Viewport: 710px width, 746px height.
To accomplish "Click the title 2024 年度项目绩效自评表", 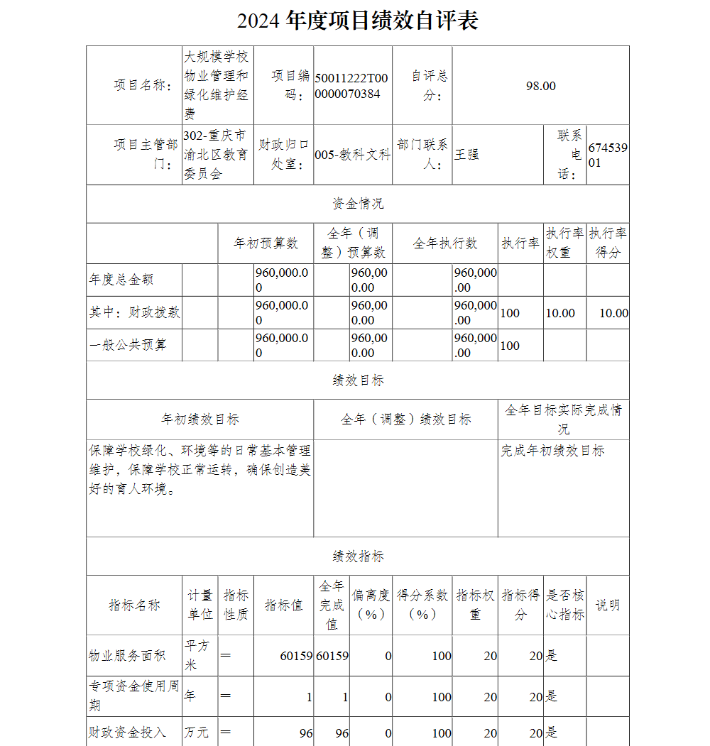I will point(357,21).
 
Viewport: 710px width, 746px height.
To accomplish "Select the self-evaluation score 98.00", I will point(540,86).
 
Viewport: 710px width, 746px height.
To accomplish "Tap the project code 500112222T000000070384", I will point(352,85).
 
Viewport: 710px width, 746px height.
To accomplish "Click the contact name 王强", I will point(466,154).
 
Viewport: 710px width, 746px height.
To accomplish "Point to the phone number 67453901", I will point(608,155).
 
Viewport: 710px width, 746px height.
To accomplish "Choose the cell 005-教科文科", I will point(352,155).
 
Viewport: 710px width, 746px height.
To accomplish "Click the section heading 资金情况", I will point(358,204).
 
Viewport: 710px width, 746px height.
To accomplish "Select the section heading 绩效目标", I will point(358,380).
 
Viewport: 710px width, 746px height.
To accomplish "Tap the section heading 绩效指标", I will point(358,556).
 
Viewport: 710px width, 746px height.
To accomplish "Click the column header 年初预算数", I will point(266,243).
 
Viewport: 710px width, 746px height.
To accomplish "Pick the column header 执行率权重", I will point(565,243).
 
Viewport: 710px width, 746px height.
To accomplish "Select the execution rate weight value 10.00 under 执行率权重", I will point(560,313).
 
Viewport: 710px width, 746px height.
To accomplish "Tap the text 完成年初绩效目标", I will point(552,451).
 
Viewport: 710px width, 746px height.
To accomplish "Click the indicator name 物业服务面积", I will point(127,656).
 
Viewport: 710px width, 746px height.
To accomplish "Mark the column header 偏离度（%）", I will point(371,605).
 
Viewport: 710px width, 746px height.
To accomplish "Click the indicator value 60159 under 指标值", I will point(296,656).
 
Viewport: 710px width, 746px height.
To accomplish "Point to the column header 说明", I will point(607,605).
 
